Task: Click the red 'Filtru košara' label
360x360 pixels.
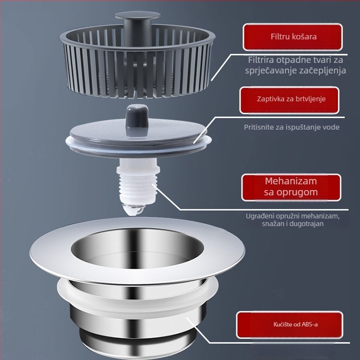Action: pos(293,37)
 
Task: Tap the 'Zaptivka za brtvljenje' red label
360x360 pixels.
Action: pos(289,100)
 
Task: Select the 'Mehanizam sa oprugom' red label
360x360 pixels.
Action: pos(291,187)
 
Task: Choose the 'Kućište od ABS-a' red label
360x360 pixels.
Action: pos(290,324)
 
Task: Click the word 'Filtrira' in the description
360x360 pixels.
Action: pos(261,60)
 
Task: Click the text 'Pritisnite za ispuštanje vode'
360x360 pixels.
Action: pos(291,127)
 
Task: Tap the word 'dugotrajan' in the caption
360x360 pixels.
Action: pos(307,224)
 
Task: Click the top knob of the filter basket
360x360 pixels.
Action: pos(137,16)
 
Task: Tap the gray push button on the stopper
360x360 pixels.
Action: pos(137,116)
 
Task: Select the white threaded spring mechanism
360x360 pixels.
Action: pos(138,181)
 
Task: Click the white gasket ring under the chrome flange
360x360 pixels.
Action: pos(138,305)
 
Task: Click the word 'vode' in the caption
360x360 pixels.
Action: pos(332,127)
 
